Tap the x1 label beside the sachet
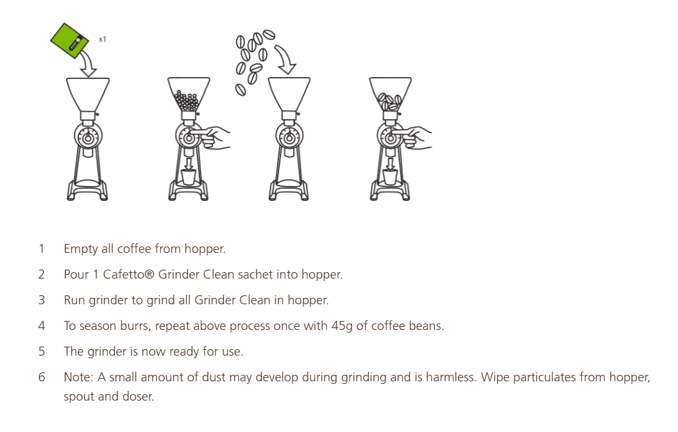(103, 40)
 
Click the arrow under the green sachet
(87, 64)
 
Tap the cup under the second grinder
(188, 177)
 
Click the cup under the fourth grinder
(390, 177)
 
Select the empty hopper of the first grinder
(88, 94)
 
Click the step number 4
(42, 325)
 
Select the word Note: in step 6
(79, 377)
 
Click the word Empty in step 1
(80, 248)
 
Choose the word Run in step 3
(73, 300)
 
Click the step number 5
(42, 351)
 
